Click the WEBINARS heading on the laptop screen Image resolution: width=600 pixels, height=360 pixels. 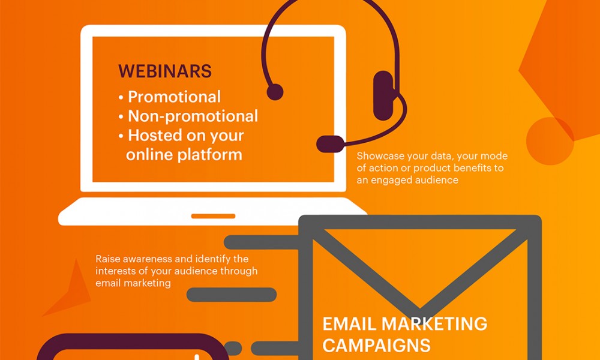point(165,71)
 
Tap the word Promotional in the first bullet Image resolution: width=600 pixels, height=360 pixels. point(174,97)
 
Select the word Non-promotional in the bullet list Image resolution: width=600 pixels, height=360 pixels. point(193,116)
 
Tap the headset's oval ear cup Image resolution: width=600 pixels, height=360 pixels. point(383,95)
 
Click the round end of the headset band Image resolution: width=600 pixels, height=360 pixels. point(275,92)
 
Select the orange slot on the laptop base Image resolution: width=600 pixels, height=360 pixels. point(213,216)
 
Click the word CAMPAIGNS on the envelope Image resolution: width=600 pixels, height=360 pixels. point(377,346)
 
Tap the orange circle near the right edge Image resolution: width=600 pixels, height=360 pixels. point(550,141)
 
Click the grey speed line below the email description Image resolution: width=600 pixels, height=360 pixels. point(232,295)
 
